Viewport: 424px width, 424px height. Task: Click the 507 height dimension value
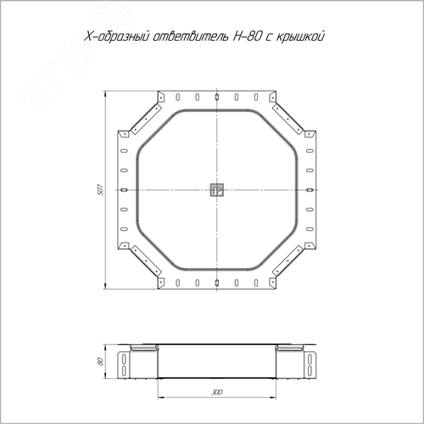(x=100, y=190)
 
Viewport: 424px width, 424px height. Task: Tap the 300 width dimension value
(x=217, y=392)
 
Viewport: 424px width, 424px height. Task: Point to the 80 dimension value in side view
(x=100, y=361)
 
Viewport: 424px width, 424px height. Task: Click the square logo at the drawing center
(x=217, y=190)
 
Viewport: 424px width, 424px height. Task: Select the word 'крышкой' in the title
(x=300, y=36)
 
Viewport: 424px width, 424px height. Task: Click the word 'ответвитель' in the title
(x=192, y=36)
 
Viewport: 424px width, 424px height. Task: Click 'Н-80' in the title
(x=247, y=36)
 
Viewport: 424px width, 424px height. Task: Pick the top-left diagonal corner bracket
(x=146, y=119)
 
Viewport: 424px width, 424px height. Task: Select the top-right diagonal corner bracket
(x=288, y=119)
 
